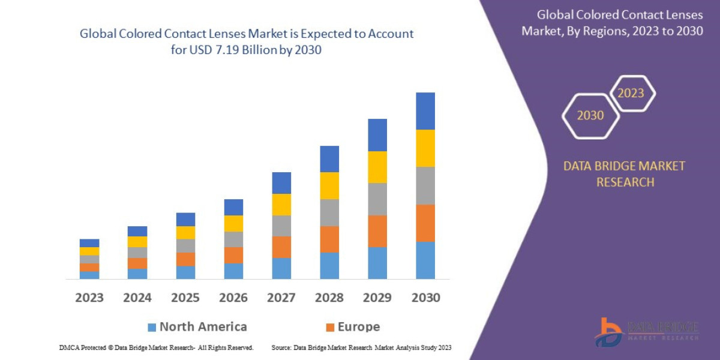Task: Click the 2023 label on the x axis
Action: point(89,298)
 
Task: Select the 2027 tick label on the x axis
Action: point(281,298)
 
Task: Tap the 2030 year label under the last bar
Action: point(425,298)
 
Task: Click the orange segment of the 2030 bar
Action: point(425,223)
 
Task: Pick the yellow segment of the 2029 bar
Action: point(377,167)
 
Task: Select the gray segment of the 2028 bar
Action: point(329,212)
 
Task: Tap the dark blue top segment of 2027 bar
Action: point(281,183)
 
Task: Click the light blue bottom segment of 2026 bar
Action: point(233,271)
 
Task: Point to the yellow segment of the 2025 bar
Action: point(185,233)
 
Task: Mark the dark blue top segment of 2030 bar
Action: point(425,111)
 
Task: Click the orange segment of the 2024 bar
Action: point(137,263)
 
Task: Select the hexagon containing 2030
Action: point(590,116)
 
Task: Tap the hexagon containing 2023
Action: point(631,93)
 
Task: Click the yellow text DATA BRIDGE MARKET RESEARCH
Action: point(624,174)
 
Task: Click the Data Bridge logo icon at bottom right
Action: point(609,332)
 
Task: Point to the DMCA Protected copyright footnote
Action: point(156,347)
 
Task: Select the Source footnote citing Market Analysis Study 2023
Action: point(361,347)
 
